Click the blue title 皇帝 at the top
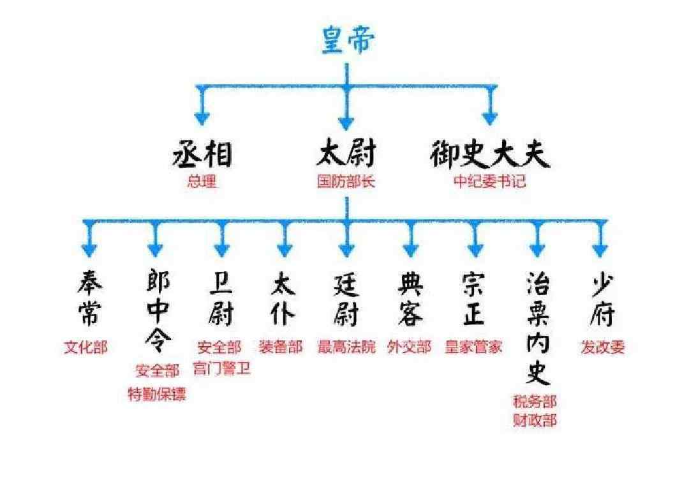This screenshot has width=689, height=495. point(348,40)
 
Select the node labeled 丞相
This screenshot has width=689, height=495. point(202,154)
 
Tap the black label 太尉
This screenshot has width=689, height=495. point(346,153)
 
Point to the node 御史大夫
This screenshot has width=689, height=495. point(490,154)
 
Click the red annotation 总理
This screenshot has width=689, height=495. point(202,181)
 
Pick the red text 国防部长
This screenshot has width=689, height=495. point(346,181)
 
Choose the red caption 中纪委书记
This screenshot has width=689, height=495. point(489,181)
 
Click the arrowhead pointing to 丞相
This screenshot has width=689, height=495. point(202,118)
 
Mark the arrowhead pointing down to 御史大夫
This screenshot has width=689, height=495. point(490,118)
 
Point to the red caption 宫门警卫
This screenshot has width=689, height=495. point(222,369)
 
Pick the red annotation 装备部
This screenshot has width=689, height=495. point(281,347)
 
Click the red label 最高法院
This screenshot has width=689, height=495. point(346,347)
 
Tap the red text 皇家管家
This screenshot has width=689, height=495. point(473,347)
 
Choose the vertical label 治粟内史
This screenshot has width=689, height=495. point(538,328)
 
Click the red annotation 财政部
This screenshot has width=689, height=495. point(535,420)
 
